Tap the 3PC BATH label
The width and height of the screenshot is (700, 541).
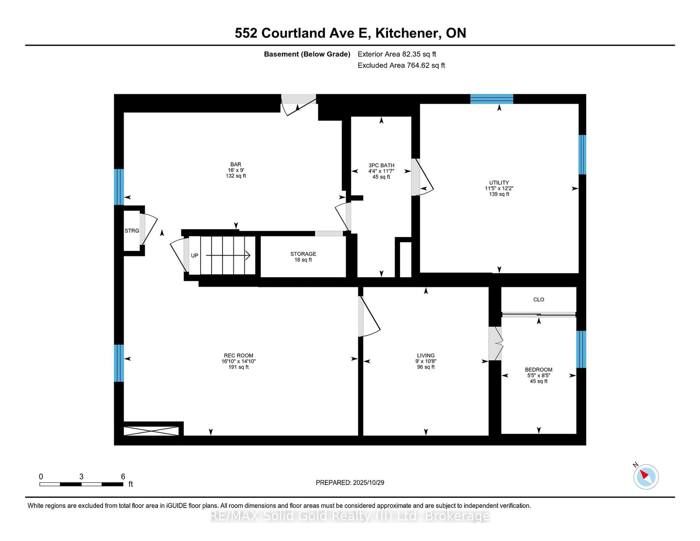[x=381, y=165]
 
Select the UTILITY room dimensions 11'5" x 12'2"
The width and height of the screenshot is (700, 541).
[x=499, y=188]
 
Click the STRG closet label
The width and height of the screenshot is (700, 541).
[x=132, y=231]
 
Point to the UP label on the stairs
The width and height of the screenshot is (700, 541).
[x=195, y=255]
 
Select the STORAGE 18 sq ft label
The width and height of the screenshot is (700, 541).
[x=303, y=257]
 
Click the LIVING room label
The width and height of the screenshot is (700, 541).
[x=426, y=355]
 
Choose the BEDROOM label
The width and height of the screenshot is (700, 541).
[x=538, y=369]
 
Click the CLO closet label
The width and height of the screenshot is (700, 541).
[x=538, y=299]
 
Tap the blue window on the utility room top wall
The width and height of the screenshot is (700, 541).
[x=492, y=99]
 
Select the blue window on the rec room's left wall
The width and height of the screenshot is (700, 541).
[x=119, y=363]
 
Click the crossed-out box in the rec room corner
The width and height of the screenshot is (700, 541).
[x=151, y=431]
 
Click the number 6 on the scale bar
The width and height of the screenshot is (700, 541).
[x=123, y=477]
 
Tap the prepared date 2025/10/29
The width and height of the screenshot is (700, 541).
[x=368, y=483]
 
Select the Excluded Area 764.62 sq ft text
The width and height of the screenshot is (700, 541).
[x=401, y=65]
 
